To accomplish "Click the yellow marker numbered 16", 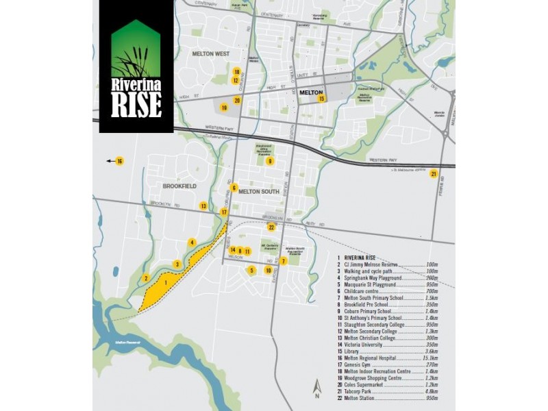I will pyautogui.click(x=119, y=162).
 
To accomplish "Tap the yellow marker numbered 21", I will pyautogui.click(x=433, y=174).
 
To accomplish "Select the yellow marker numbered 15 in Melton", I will pyautogui.click(x=321, y=99).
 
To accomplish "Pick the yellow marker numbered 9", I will pyautogui.click(x=271, y=162).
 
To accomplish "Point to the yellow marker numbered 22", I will pyautogui.click(x=271, y=227).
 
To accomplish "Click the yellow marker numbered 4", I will pyautogui.click(x=192, y=242).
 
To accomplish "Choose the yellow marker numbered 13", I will pyautogui.click(x=203, y=206).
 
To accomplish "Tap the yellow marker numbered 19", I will pyautogui.click(x=223, y=108).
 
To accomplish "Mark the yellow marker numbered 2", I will pyautogui.click(x=146, y=277).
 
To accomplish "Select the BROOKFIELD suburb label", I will pyautogui.click(x=180, y=186).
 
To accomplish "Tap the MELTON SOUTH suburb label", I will pyautogui.click(x=259, y=192).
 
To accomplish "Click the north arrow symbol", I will pyautogui.click(x=316, y=389).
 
